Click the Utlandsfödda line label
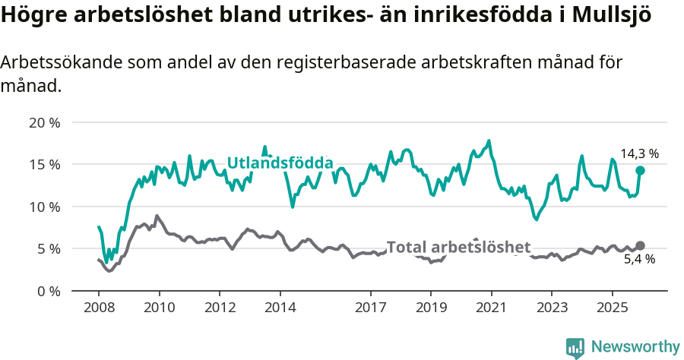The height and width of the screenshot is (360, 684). point(280,163)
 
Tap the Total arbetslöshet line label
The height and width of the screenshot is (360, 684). point(458,247)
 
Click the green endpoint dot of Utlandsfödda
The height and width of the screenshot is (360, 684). point(640,170)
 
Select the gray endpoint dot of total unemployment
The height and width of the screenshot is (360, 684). point(640,245)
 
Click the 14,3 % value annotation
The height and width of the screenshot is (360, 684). point(639,153)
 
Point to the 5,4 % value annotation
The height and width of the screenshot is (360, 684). point(639,260)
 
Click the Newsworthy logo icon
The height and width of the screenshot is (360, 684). point(575,347)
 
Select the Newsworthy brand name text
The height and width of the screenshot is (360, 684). point(635,347)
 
